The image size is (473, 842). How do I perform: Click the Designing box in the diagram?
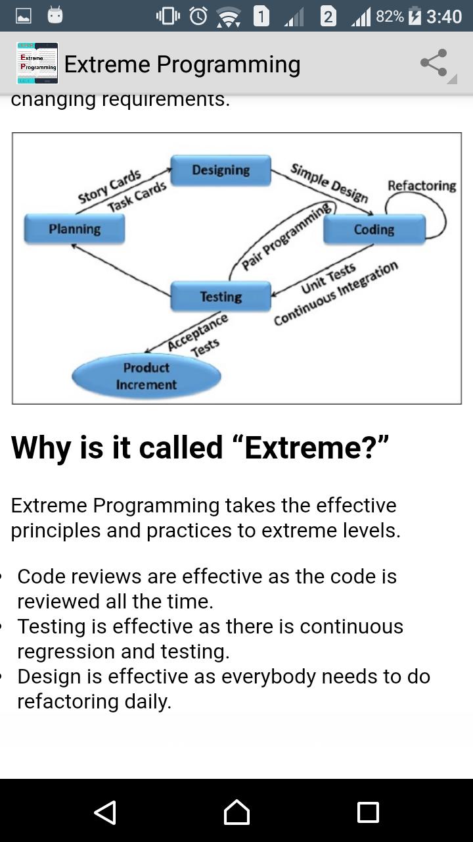click(x=221, y=170)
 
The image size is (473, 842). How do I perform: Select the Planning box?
click(x=74, y=229)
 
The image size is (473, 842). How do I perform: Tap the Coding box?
click(x=374, y=230)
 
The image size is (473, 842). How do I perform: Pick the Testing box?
click(x=221, y=297)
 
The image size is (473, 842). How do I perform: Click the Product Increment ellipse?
click(x=146, y=376)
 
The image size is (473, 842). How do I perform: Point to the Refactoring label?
click(x=422, y=186)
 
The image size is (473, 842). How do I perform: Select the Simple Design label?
click(x=329, y=183)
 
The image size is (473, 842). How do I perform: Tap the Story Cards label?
click(x=109, y=186)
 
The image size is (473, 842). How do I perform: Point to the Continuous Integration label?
click(x=336, y=293)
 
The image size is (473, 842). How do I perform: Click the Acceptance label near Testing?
click(x=198, y=332)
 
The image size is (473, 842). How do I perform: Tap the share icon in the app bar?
click(x=434, y=62)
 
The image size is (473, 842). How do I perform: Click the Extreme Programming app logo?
click(x=37, y=63)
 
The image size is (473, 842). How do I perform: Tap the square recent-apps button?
click(x=368, y=812)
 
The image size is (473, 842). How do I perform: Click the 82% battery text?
click(x=390, y=16)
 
